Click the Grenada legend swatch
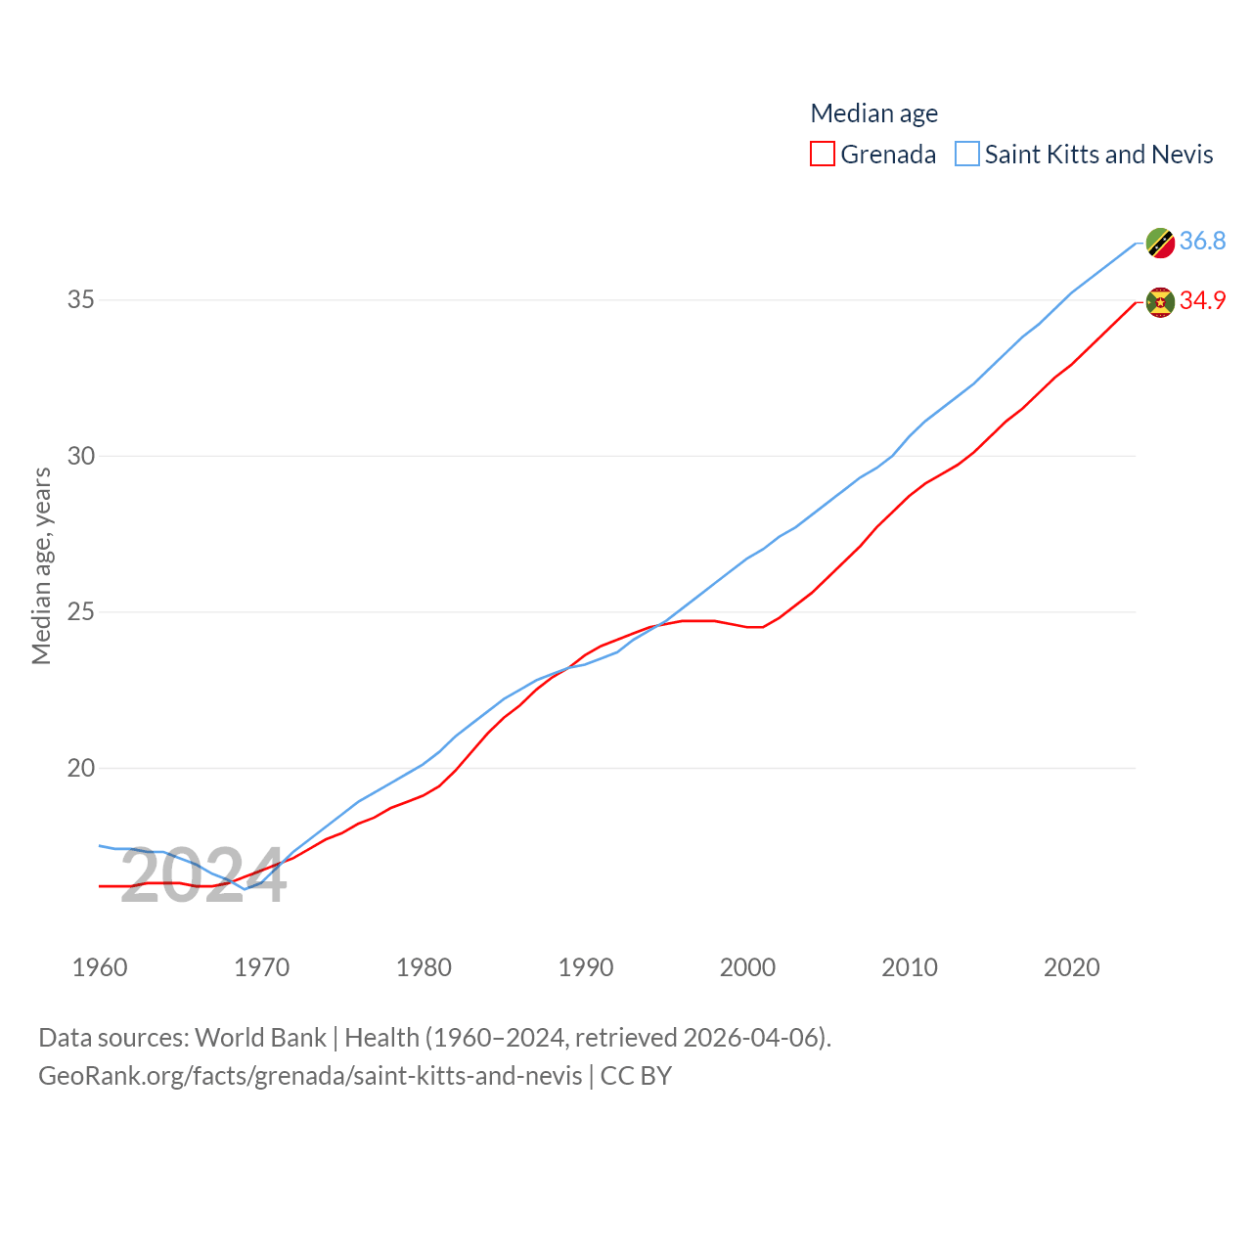click(x=823, y=155)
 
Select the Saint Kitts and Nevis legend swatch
click(x=967, y=155)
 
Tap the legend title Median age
click(x=873, y=113)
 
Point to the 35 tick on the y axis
click(x=81, y=300)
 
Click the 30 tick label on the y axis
click(x=81, y=456)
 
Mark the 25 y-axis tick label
click(x=81, y=612)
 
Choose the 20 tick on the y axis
click(x=81, y=769)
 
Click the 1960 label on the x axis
click(x=100, y=967)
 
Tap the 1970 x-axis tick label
click(x=262, y=967)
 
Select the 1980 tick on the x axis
click(x=424, y=967)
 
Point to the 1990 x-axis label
click(x=586, y=967)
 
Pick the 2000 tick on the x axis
click(x=747, y=967)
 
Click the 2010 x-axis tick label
click(x=910, y=967)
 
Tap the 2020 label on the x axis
click(x=1071, y=967)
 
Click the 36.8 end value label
click(x=1202, y=241)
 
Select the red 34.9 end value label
click(x=1202, y=300)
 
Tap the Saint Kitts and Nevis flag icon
click(x=1160, y=243)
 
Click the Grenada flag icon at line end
click(x=1160, y=302)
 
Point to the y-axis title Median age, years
click(x=42, y=565)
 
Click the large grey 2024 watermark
click(x=203, y=876)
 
